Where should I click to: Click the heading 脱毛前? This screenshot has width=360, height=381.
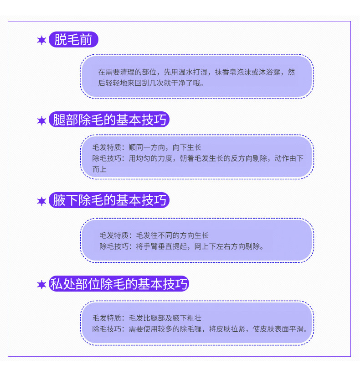coord(73,40)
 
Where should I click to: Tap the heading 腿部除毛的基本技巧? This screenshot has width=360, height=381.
coord(109,120)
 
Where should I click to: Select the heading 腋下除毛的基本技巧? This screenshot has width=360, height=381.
coord(109,200)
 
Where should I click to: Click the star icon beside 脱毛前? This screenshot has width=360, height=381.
coord(41,41)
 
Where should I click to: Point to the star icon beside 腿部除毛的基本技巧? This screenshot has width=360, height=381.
coord(41,121)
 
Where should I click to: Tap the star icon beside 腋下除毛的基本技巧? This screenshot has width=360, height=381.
coord(41,201)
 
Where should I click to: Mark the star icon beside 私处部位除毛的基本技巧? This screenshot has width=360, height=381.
coord(41,285)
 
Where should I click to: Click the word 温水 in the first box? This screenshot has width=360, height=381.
coord(185,72)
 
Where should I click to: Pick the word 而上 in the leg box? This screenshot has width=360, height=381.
coord(99,169)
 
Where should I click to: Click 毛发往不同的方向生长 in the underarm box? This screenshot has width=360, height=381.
coord(173,235)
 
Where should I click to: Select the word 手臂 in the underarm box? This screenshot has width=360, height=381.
coord(154,247)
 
